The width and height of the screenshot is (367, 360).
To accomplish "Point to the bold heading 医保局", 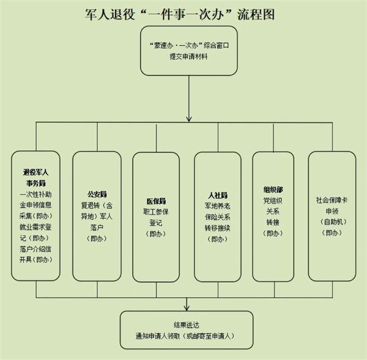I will pyautogui.click(x=156, y=200).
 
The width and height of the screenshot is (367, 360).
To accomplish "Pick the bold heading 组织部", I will pyautogui.click(x=273, y=189).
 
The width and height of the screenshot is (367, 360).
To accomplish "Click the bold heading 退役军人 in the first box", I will pyautogui.click(x=35, y=172).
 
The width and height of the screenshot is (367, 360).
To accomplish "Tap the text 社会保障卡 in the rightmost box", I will pyautogui.click(x=332, y=200).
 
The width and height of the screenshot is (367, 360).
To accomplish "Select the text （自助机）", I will pyautogui.click(x=332, y=222).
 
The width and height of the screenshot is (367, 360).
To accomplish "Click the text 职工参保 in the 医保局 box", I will pyautogui.click(x=156, y=211).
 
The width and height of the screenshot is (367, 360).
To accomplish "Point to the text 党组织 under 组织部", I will pyautogui.click(x=273, y=200).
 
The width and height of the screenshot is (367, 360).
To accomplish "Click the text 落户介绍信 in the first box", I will pyautogui.click(x=35, y=249).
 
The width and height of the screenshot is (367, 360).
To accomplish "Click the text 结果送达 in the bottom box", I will pyautogui.click(x=187, y=324).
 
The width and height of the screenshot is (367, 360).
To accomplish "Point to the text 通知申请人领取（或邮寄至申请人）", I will pyautogui.click(x=187, y=336).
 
